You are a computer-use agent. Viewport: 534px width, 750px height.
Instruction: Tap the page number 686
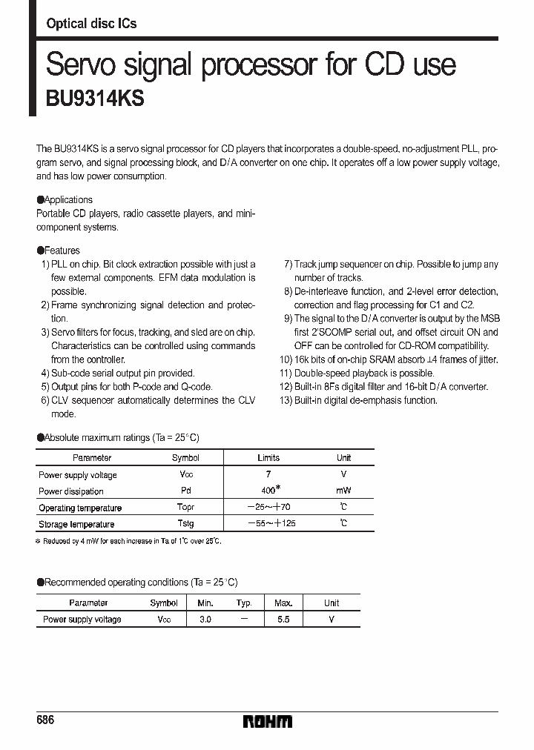pos(45,720)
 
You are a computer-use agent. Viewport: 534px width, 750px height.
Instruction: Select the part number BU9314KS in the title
pos(95,99)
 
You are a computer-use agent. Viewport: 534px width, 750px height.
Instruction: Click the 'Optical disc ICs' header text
pos(91,24)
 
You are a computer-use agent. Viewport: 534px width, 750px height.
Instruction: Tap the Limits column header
pos(268,458)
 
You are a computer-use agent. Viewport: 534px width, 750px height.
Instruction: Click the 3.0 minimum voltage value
pos(205,619)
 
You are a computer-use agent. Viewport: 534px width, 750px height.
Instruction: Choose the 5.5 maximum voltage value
pos(283,619)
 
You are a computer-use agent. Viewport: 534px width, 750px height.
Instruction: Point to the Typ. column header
pos(244,603)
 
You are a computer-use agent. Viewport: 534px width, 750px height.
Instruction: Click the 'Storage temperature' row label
pos(76,524)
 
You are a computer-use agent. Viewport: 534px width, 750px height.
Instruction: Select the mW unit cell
pos(343,491)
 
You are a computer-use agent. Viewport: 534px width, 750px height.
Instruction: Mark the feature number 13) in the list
pos(286,400)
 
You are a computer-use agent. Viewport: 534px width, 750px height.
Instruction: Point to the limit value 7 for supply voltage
pos(268,474)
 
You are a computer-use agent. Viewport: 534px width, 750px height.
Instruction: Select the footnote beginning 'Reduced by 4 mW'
pos(130,541)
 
